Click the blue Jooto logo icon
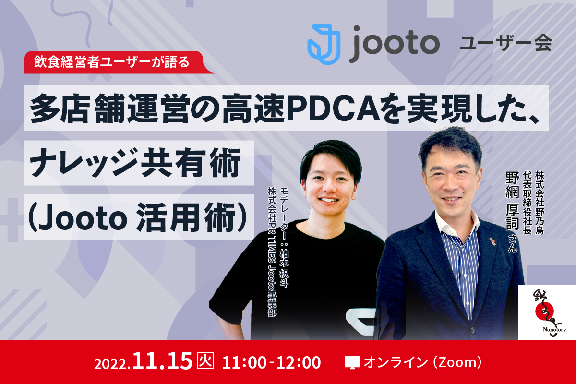[x=324, y=44]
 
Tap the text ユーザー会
[x=506, y=42]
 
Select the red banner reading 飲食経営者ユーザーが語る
[x=118, y=62]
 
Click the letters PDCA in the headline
[x=334, y=108]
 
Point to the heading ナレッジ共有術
[x=135, y=163]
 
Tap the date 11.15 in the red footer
[x=162, y=360]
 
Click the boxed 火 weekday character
[x=205, y=360]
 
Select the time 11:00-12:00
[x=271, y=362]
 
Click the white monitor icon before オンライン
[x=352, y=362]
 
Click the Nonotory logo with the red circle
[x=547, y=312]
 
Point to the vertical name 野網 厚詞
[x=512, y=200]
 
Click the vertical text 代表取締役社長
[x=527, y=203]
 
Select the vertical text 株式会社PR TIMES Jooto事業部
[x=272, y=252]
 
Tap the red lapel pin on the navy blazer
[x=492, y=241]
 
